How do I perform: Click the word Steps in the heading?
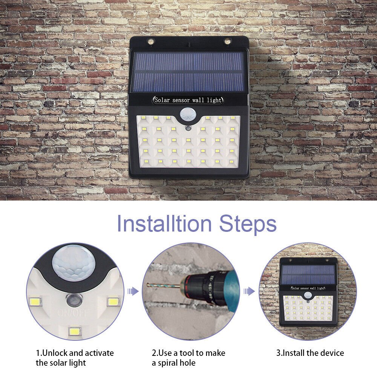pyautogui.click(x=248, y=224)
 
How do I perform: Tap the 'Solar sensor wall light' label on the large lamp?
pyautogui.click(x=188, y=100)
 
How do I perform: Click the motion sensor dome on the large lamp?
pyautogui.click(x=188, y=113)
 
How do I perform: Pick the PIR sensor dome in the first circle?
pyautogui.click(x=72, y=262)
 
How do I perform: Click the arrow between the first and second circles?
pyautogui.click(x=132, y=291)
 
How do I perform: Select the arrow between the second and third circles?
pyautogui.click(x=248, y=291)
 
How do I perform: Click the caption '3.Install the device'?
pyautogui.click(x=310, y=353)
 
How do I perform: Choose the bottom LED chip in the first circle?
pyautogui.click(x=75, y=331)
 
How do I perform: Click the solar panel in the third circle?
pyautogui.click(x=308, y=274)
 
